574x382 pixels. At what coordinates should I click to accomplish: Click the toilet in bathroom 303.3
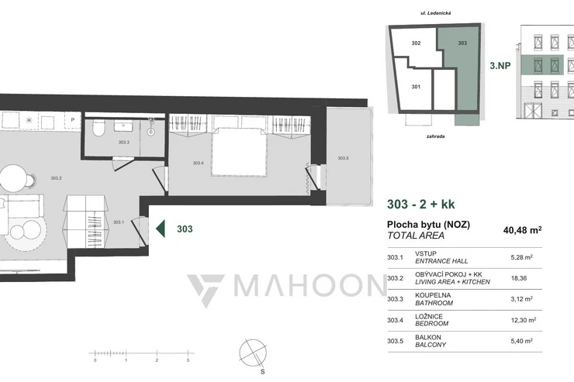point(98,128)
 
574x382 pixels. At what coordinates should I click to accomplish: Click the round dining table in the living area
point(13,177)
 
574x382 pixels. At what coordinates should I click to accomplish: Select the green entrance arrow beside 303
point(161,229)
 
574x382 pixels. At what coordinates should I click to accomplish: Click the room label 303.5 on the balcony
point(343,158)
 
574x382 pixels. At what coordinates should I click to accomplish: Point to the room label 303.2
point(56,178)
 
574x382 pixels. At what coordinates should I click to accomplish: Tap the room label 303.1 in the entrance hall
point(118,222)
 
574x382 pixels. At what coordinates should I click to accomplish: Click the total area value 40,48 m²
point(522,230)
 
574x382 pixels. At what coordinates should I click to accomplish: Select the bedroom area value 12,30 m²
point(524,320)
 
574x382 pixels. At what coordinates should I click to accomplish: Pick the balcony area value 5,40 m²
point(522,341)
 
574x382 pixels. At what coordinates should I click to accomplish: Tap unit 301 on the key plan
point(416,87)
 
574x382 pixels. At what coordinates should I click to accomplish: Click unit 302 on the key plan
point(416,43)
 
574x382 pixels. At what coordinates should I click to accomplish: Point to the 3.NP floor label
point(500,66)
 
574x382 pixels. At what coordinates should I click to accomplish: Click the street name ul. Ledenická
point(436,13)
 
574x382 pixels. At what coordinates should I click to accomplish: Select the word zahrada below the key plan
point(436,136)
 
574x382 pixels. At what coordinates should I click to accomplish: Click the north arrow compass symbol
point(253,353)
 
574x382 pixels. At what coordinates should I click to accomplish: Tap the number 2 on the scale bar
point(157,360)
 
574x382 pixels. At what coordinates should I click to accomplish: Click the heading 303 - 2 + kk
point(421,204)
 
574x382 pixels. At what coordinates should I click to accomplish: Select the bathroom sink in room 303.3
point(123,126)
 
